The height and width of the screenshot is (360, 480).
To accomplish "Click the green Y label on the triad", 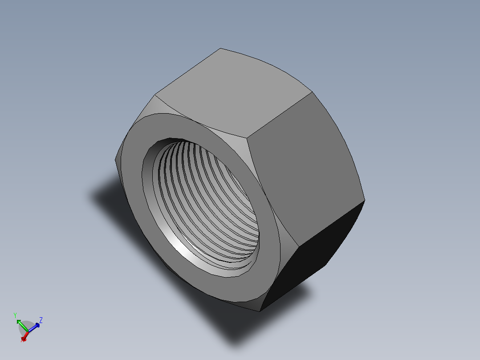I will (15, 315).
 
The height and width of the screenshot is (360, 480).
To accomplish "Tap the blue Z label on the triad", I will (41, 319).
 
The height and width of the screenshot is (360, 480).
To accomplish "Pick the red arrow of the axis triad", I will (25, 336).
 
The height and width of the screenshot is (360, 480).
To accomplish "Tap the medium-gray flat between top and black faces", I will (303, 169).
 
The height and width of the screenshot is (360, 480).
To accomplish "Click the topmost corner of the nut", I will (220, 49).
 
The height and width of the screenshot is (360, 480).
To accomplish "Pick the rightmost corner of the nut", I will (365, 200).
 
